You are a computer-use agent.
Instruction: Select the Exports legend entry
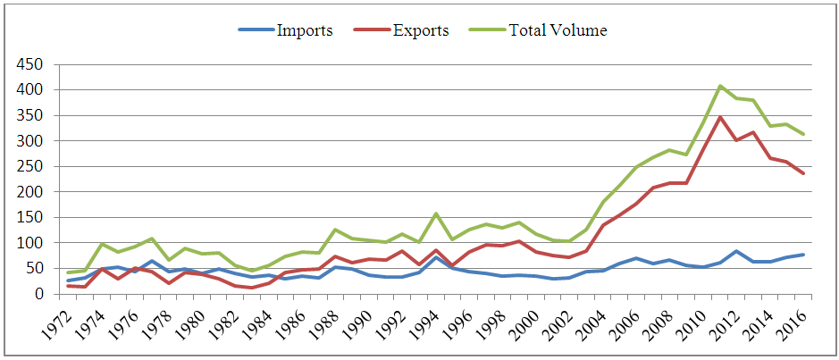click(420, 30)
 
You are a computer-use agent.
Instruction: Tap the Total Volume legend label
click(558, 30)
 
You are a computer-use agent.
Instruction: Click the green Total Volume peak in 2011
click(720, 86)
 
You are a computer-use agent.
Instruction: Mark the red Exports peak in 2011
click(720, 117)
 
